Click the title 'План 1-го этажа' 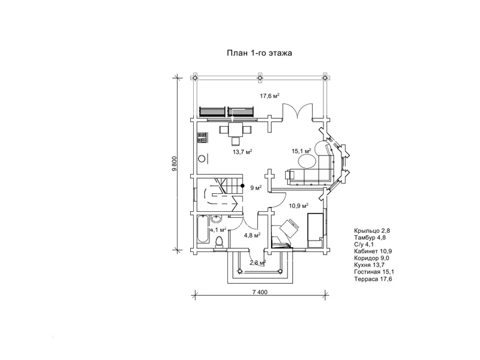pos(259,53)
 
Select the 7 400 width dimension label pos(260,292)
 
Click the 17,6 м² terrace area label pos(269,96)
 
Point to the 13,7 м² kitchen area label pos(242,152)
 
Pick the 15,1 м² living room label pos(301,151)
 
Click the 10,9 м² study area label pos(298,206)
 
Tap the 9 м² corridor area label pos(256,188)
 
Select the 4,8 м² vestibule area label pos(252,235)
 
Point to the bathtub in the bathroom pos(203,229)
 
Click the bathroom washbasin pos(216,220)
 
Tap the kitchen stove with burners pos(202,138)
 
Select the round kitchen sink pos(202,158)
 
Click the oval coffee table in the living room pos(307,160)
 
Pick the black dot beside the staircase pos(242,185)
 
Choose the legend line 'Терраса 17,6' pos(373,279)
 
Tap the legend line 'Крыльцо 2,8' pos(372,231)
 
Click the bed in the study pos(315,230)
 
